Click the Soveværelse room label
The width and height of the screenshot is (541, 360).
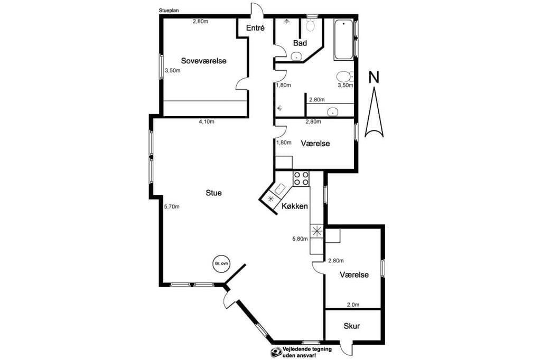point(203,61)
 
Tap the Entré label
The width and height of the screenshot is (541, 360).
point(255,28)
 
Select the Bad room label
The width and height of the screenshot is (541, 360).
point(300,43)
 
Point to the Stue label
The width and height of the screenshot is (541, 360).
point(213,193)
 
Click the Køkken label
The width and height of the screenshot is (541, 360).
point(295,206)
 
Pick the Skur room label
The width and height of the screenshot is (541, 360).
point(351,326)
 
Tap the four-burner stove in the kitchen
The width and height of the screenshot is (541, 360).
point(301,178)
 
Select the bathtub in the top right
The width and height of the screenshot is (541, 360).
point(343,39)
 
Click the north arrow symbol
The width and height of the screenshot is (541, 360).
point(374,112)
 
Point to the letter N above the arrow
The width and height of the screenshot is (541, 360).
point(374,77)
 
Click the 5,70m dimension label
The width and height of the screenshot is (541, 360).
point(172,207)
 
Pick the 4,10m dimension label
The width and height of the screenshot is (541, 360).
point(207,121)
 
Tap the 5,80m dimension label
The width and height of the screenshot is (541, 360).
point(300,239)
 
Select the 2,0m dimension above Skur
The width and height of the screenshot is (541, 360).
point(353,305)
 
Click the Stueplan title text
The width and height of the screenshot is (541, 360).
point(169,11)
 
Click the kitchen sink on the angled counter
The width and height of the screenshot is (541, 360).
point(279,188)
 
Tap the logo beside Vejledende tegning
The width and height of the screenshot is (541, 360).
point(276,352)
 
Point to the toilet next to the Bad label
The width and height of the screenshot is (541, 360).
point(311,24)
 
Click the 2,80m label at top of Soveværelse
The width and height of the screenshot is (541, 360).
point(200,22)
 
